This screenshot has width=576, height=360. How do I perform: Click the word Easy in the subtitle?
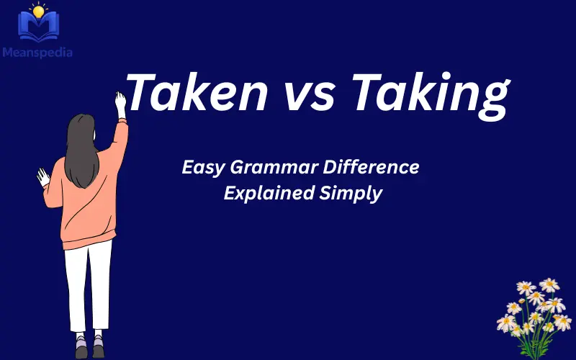(203, 168)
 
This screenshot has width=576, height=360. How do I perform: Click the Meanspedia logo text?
(37, 52)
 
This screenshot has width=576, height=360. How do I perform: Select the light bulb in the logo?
(38, 11)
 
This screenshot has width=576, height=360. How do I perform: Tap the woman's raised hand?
(120, 102)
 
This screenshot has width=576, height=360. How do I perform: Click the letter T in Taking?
(367, 96)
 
